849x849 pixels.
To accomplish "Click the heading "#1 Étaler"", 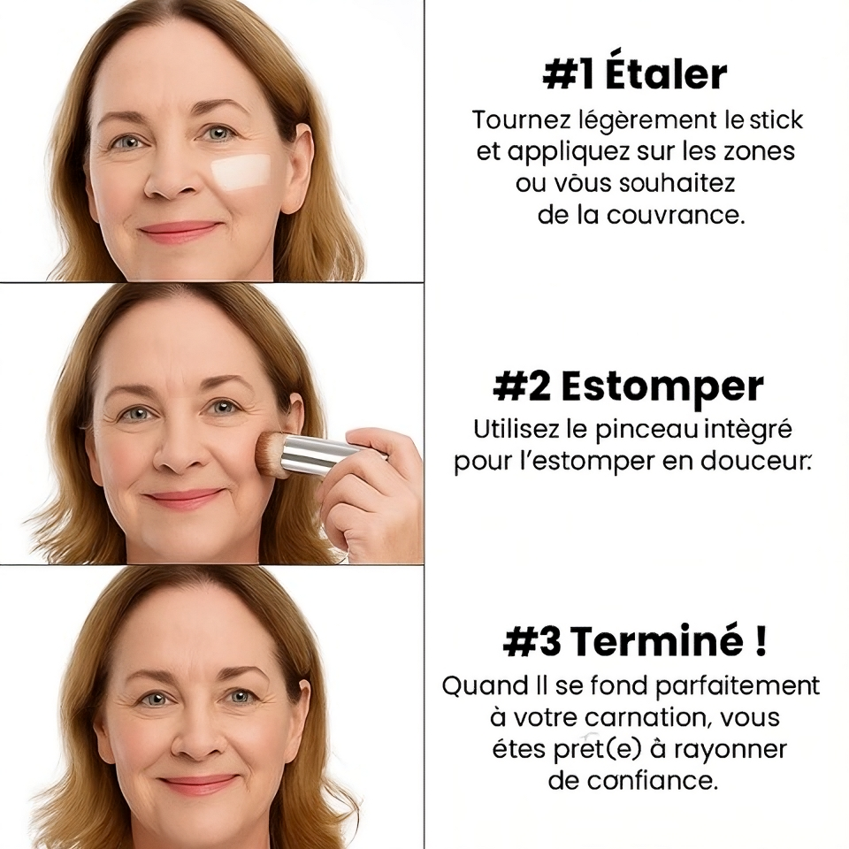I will (x=634, y=75).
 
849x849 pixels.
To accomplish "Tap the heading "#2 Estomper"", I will (x=628, y=387).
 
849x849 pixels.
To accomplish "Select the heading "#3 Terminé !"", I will (x=634, y=642).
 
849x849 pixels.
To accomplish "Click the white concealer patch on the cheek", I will (x=241, y=170).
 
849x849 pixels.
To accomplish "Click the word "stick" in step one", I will (x=776, y=119).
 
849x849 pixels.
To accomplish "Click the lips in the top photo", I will (x=178, y=231).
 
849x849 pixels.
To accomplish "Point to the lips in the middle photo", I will (x=184, y=498).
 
